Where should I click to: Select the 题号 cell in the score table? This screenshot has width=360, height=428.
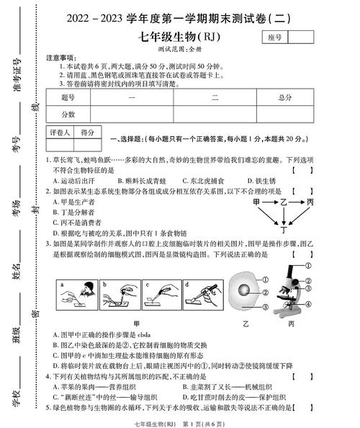click(x=68, y=97)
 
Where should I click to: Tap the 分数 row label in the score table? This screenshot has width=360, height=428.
click(x=68, y=113)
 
